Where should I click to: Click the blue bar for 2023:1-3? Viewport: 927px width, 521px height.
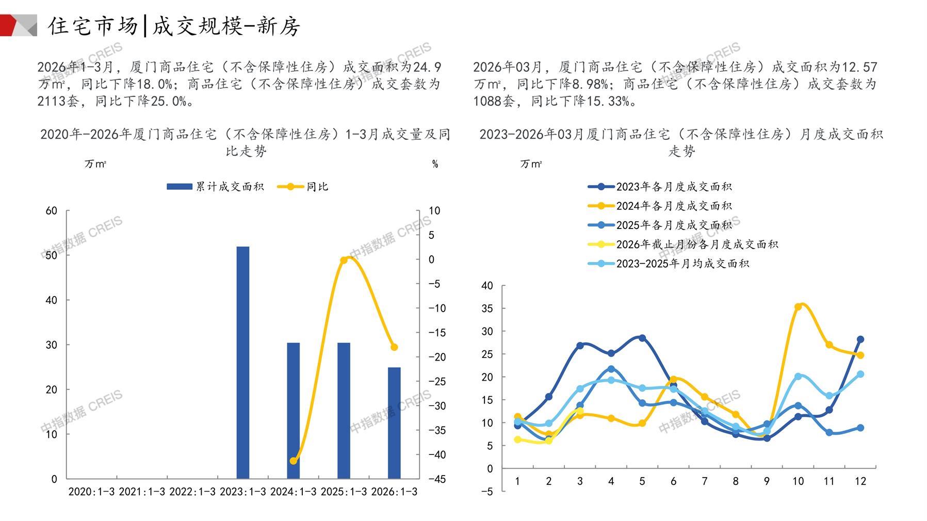pyautogui.click(x=242, y=362)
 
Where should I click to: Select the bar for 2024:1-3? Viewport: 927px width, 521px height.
pyautogui.click(x=293, y=410)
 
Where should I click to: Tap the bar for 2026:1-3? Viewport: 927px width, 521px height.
pyautogui.click(x=394, y=422)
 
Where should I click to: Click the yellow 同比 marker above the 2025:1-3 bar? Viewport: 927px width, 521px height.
pyautogui.click(x=344, y=260)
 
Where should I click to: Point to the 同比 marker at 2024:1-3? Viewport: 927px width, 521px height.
pyautogui.click(x=294, y=461)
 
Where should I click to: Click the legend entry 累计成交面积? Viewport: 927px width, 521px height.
pyautogui.click(x=215, y=187)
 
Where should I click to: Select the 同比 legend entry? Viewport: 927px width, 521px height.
pyautogui.click(x=303, y=187)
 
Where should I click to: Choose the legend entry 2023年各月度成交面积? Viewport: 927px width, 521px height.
pyautogui.click(x=660, y=187)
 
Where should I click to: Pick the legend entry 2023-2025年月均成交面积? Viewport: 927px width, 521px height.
pyautogui.click(x=669, y=264)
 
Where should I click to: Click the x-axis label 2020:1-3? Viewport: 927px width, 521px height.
pyautogui.click(x=91, y=492)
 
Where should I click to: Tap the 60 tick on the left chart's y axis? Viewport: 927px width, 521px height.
pyautogui.click(x=52, y=210)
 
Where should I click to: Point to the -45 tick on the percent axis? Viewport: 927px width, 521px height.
pyautogui.click(x=437, y=479)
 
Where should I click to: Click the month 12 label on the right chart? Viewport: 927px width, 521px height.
pyautogui.click(x=860, y=481)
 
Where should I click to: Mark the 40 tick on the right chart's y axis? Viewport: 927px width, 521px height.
pyautogui.click(x=487, y=286)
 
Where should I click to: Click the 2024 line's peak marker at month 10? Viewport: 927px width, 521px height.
pyautogui.click(x=798, y=306)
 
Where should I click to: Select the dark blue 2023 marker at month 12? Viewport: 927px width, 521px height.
pyautogui.click(x=860, y=339)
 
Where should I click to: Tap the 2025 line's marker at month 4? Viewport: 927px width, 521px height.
pyautogui.click(x=611, y=369)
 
